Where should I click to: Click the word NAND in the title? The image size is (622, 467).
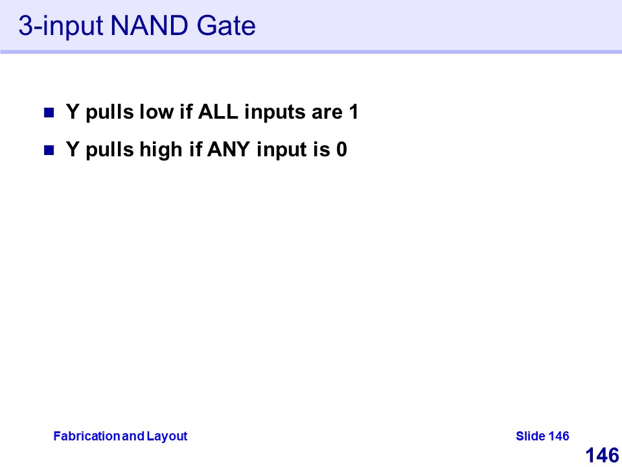click(149, 26)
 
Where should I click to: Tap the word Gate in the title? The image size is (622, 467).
click(226, 26)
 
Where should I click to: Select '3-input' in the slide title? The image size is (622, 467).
click(61, 27)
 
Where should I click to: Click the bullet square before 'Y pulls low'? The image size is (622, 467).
click(49, 113)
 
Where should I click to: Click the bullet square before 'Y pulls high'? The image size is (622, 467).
click(49, 150)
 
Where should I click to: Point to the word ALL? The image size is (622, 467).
click(218, 112)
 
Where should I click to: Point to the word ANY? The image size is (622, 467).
click(229, 149)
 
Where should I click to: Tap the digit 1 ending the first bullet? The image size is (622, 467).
click(354, 112)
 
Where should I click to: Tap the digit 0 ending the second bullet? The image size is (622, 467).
click(342, 149)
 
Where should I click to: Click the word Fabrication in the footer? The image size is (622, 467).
click(87, 436)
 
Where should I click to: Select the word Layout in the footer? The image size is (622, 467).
click(167, 437)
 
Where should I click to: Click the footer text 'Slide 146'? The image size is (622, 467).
click(542, 436)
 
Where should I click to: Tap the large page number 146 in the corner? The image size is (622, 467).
click(602, 455)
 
